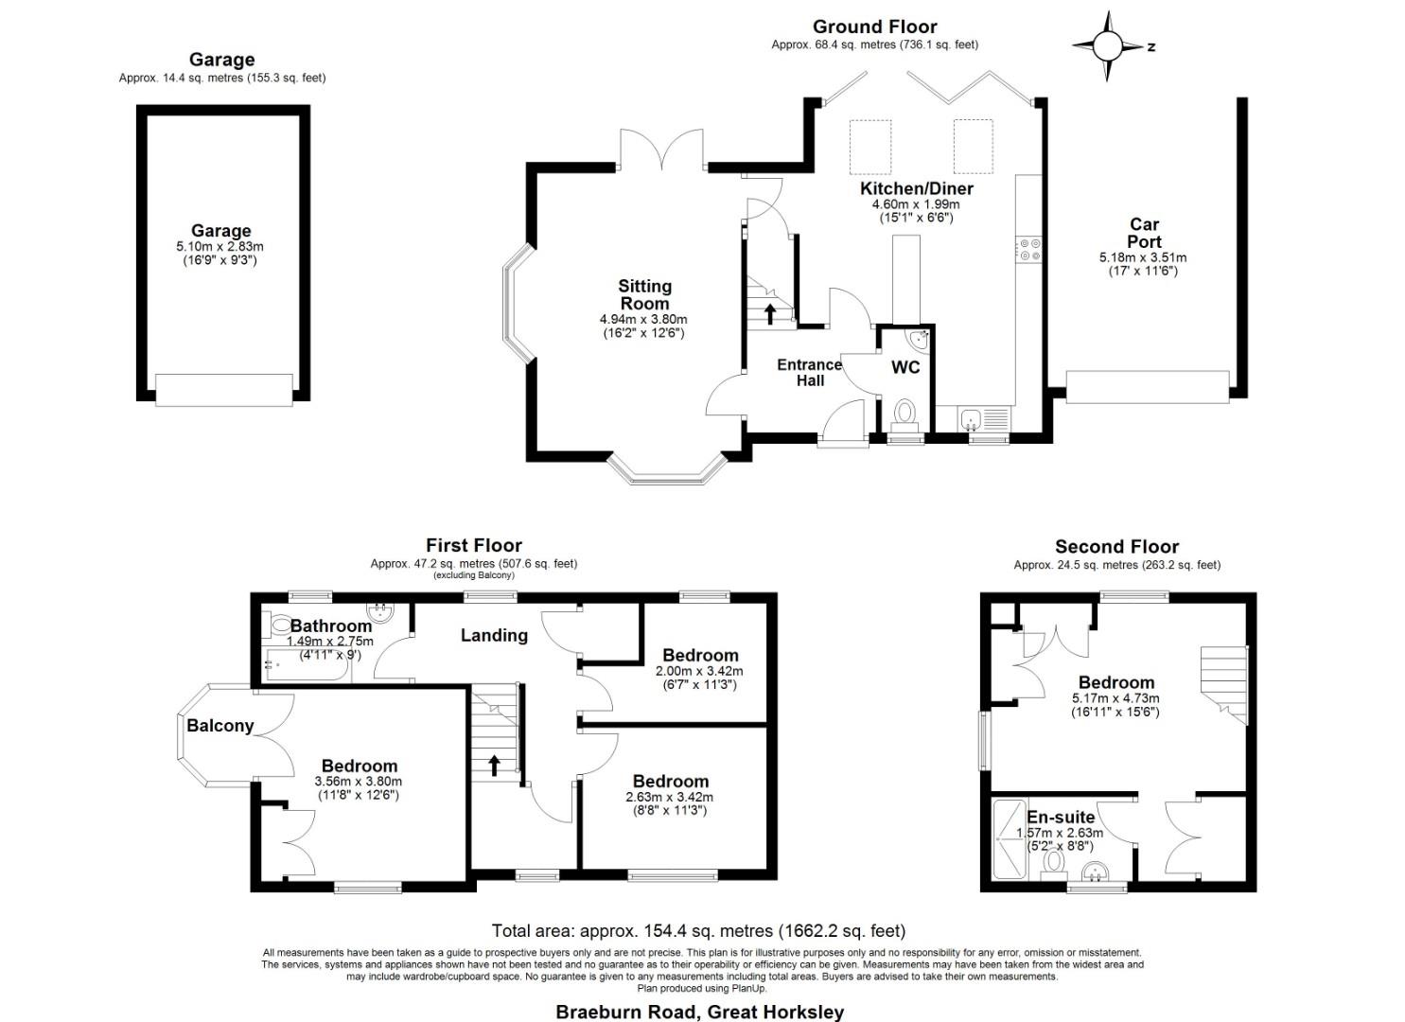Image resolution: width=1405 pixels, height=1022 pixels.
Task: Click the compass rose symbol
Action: (1108, 45)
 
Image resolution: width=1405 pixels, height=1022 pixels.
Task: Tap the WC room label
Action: (905, 367)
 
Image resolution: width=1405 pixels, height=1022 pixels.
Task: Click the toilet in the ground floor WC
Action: (905, 414)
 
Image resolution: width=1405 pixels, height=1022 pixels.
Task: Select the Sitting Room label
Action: (644, 294)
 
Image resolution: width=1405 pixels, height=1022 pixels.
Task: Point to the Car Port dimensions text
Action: (1143, 264)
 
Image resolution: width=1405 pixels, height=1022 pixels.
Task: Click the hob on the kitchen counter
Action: (1028, 249)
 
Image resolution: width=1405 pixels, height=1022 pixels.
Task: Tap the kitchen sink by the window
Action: (984, 417)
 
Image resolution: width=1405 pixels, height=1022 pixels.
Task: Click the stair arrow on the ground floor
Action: (770, 311)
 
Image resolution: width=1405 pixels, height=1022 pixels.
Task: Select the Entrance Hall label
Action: (809, 372)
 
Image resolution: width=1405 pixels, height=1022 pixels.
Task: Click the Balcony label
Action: (220, 726)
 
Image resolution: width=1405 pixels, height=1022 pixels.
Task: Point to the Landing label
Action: (494, 635)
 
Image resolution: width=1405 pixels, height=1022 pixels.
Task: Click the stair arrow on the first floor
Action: (494, 764)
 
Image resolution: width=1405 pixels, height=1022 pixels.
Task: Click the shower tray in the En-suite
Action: (1009, 837)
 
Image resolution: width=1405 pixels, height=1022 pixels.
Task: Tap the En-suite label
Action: (1061, 817)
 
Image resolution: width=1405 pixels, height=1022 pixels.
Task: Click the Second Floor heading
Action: (1116, 547)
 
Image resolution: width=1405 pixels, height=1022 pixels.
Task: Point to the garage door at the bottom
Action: (224, 390)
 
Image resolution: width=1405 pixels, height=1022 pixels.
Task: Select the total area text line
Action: (698, 931)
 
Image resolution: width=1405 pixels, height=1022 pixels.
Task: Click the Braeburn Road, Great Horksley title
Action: (699, 1012)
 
